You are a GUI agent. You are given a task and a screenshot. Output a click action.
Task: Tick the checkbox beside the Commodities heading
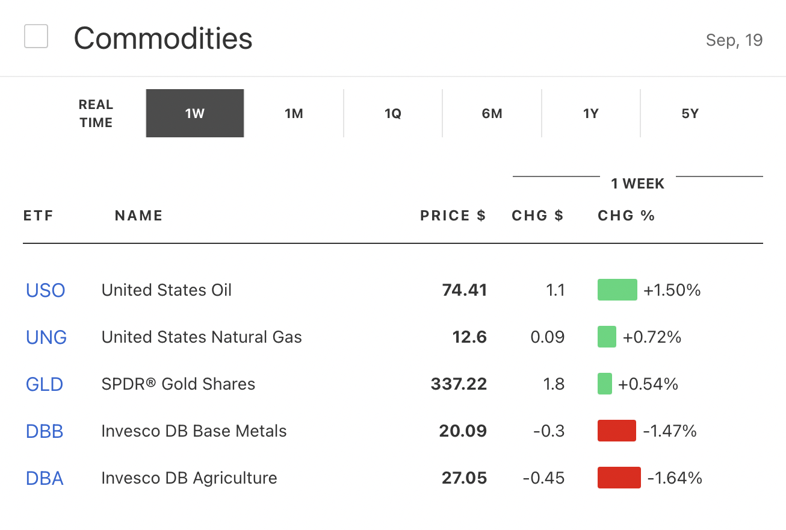click(36, 37)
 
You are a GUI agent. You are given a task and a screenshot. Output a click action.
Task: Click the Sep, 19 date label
click(734, 40)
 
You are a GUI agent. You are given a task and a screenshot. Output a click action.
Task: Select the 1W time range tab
click(195, 113)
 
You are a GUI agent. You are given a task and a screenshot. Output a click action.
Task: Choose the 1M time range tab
click(294, 113)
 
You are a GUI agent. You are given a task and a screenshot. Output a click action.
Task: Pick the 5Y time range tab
click(690, 113)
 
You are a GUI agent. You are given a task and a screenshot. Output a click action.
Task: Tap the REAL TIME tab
click(96, 113)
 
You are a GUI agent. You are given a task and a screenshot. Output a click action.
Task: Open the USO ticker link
click(45, 290)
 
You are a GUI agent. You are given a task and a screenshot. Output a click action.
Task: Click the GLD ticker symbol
click(45, 384)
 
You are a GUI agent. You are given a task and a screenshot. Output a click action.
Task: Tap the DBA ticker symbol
click(45, 478)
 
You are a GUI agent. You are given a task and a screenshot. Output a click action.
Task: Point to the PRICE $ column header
click(453, 216)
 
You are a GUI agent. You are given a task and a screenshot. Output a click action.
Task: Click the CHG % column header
click(626, 216)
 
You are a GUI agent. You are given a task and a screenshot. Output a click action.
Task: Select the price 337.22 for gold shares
click(459, 384)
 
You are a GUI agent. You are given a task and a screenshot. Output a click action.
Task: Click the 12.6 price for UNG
click(469, 337)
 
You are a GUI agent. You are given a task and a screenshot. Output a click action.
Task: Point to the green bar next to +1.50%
click(617, 290)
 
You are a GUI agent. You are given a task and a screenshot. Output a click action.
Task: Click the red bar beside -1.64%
click(619, 478)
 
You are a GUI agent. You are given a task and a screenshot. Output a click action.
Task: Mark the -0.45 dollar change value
click(543, 478)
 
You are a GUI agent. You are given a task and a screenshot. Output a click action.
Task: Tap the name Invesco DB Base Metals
click(194, 431)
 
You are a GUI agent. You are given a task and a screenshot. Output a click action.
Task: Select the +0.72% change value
click(652, 337)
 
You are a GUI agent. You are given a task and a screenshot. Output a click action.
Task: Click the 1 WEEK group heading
click(637, 184)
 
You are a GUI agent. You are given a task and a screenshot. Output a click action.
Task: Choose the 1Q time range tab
click(392, 113)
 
